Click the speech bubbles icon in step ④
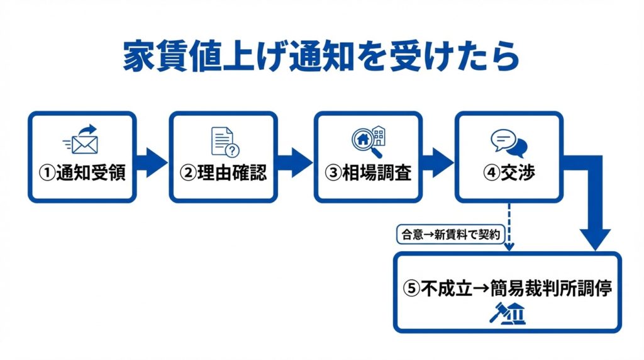509,143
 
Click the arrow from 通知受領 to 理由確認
153,162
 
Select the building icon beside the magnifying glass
379,135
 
